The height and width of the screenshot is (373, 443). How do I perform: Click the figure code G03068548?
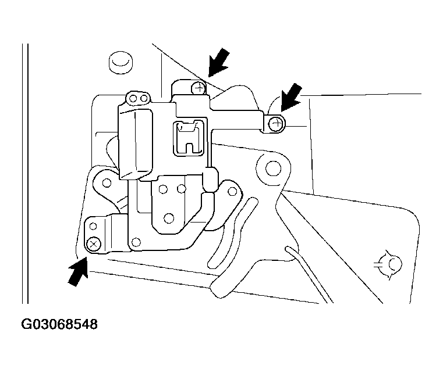(59, 324)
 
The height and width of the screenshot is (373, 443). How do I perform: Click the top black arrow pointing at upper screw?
(219, 62)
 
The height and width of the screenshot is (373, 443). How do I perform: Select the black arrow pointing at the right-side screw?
(291, 97)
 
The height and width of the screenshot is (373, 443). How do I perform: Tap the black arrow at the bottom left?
(78, 272)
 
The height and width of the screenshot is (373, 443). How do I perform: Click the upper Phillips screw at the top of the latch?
(199, 88)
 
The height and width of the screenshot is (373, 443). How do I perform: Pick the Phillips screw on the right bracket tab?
(276, 124)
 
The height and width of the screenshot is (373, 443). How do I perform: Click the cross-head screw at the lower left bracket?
(94, 244)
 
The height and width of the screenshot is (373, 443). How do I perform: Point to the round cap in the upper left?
(121, 63)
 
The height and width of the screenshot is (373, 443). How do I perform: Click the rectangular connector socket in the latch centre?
(189, 138)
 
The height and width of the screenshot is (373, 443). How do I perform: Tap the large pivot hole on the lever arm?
(274, 169)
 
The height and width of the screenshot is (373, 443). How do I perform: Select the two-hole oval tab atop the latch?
(138, 98)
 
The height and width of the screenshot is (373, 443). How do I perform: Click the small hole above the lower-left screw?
(93, 226)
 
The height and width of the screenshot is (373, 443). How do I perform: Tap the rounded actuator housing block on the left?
(136, 144)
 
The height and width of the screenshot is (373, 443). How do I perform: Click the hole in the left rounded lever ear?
(107, 182)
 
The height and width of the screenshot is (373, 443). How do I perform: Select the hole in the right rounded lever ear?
(232, 192)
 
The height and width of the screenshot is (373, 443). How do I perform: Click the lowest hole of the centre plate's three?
(169, 218)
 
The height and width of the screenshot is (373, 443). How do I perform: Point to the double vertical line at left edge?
(25, 173)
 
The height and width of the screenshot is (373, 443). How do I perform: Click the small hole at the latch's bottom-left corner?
(136, 242)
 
